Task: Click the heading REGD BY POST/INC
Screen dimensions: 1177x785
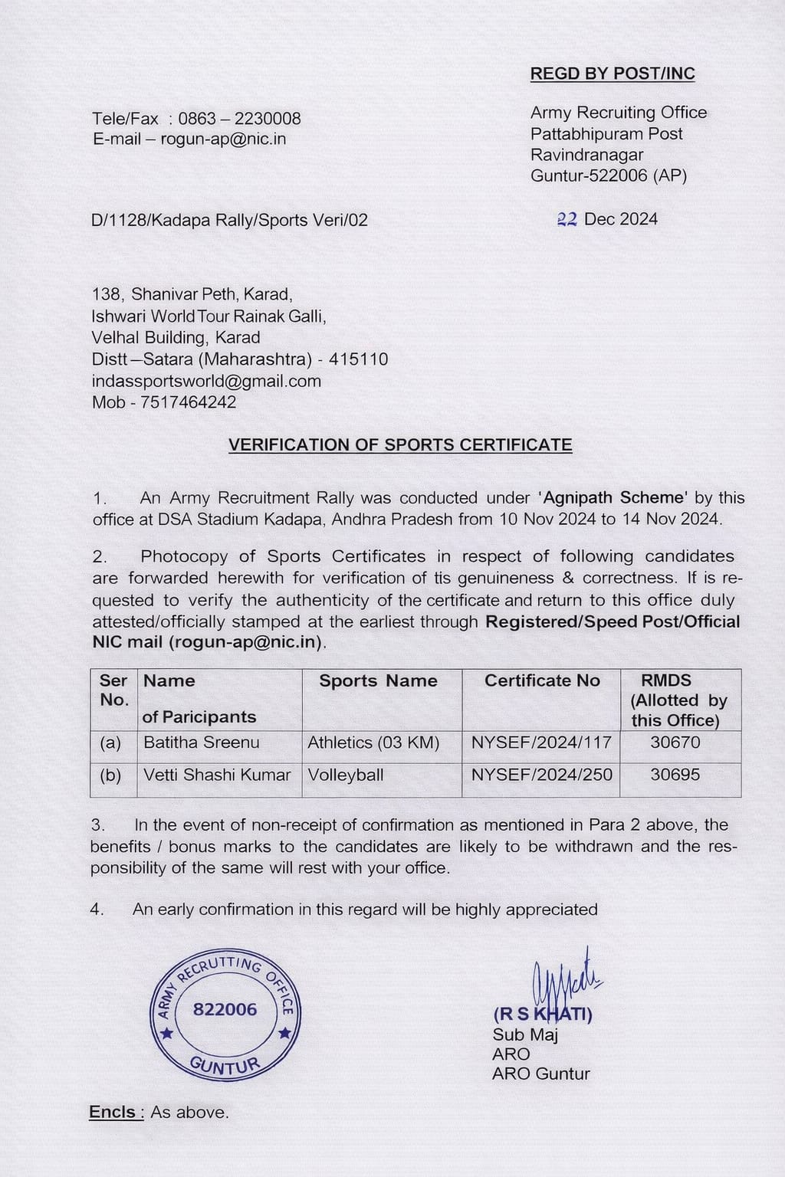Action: tap(613, 74)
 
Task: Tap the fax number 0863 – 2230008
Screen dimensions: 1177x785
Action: tap(239, 119)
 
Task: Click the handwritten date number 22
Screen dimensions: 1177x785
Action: tap(567, 219)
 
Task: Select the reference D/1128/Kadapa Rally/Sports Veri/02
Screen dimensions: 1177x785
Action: tap(229, 221)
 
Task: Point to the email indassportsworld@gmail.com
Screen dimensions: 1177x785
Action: tap(206, 381)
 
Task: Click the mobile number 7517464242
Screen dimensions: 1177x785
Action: tap(188, 402)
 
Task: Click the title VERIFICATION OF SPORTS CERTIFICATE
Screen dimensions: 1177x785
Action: tap(400, 445)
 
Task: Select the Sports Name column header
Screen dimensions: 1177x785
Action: tap(378, 680)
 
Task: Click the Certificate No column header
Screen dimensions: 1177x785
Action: tap(542, 680)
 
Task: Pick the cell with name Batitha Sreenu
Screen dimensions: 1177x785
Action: tap(202, 743)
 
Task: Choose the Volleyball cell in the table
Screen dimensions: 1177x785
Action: tap(345, 775)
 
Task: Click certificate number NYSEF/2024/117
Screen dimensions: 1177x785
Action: tap(541, 743)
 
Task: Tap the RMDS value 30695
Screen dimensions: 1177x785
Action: tap(675, 775)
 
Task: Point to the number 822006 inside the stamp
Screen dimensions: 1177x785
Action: tap(225, 1009)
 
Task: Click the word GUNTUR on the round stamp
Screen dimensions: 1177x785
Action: tap(225, 1065)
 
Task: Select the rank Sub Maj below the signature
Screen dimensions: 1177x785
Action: tap(525, 1035)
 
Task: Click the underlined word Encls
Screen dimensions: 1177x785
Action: tap(115, 1112)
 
